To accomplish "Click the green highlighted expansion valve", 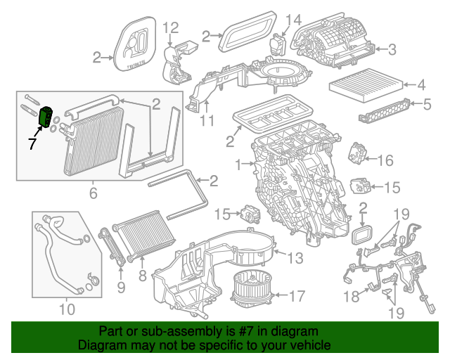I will point(47,116).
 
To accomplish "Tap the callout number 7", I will point(32,144).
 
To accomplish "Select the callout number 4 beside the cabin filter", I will point(421,86).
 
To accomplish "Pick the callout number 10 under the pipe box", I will point(66,308).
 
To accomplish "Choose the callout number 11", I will point(205,120).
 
